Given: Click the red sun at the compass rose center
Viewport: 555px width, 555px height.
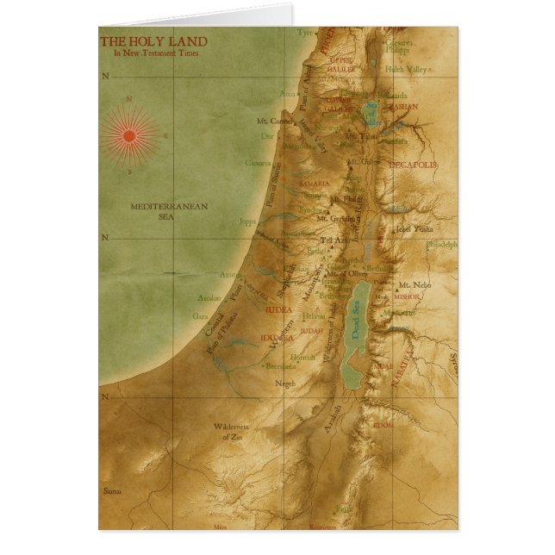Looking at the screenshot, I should [x=130, y=135].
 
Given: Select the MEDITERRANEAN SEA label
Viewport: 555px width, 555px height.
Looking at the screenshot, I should [x=153, y=212].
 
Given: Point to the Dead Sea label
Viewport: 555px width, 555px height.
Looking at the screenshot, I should [x=354, y=326].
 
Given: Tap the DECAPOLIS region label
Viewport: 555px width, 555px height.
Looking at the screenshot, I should [x=413, y=164].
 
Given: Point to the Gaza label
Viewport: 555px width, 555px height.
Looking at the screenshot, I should [x=201, y=316].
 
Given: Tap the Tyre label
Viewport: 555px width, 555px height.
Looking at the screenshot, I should [x=306, y=33].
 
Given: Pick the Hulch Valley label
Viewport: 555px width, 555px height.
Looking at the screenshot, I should [x=407, y=68].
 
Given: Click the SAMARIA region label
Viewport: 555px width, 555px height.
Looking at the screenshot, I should [x=314, y=184].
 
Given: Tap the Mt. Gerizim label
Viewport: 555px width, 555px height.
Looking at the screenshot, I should [x=334, y=219].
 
